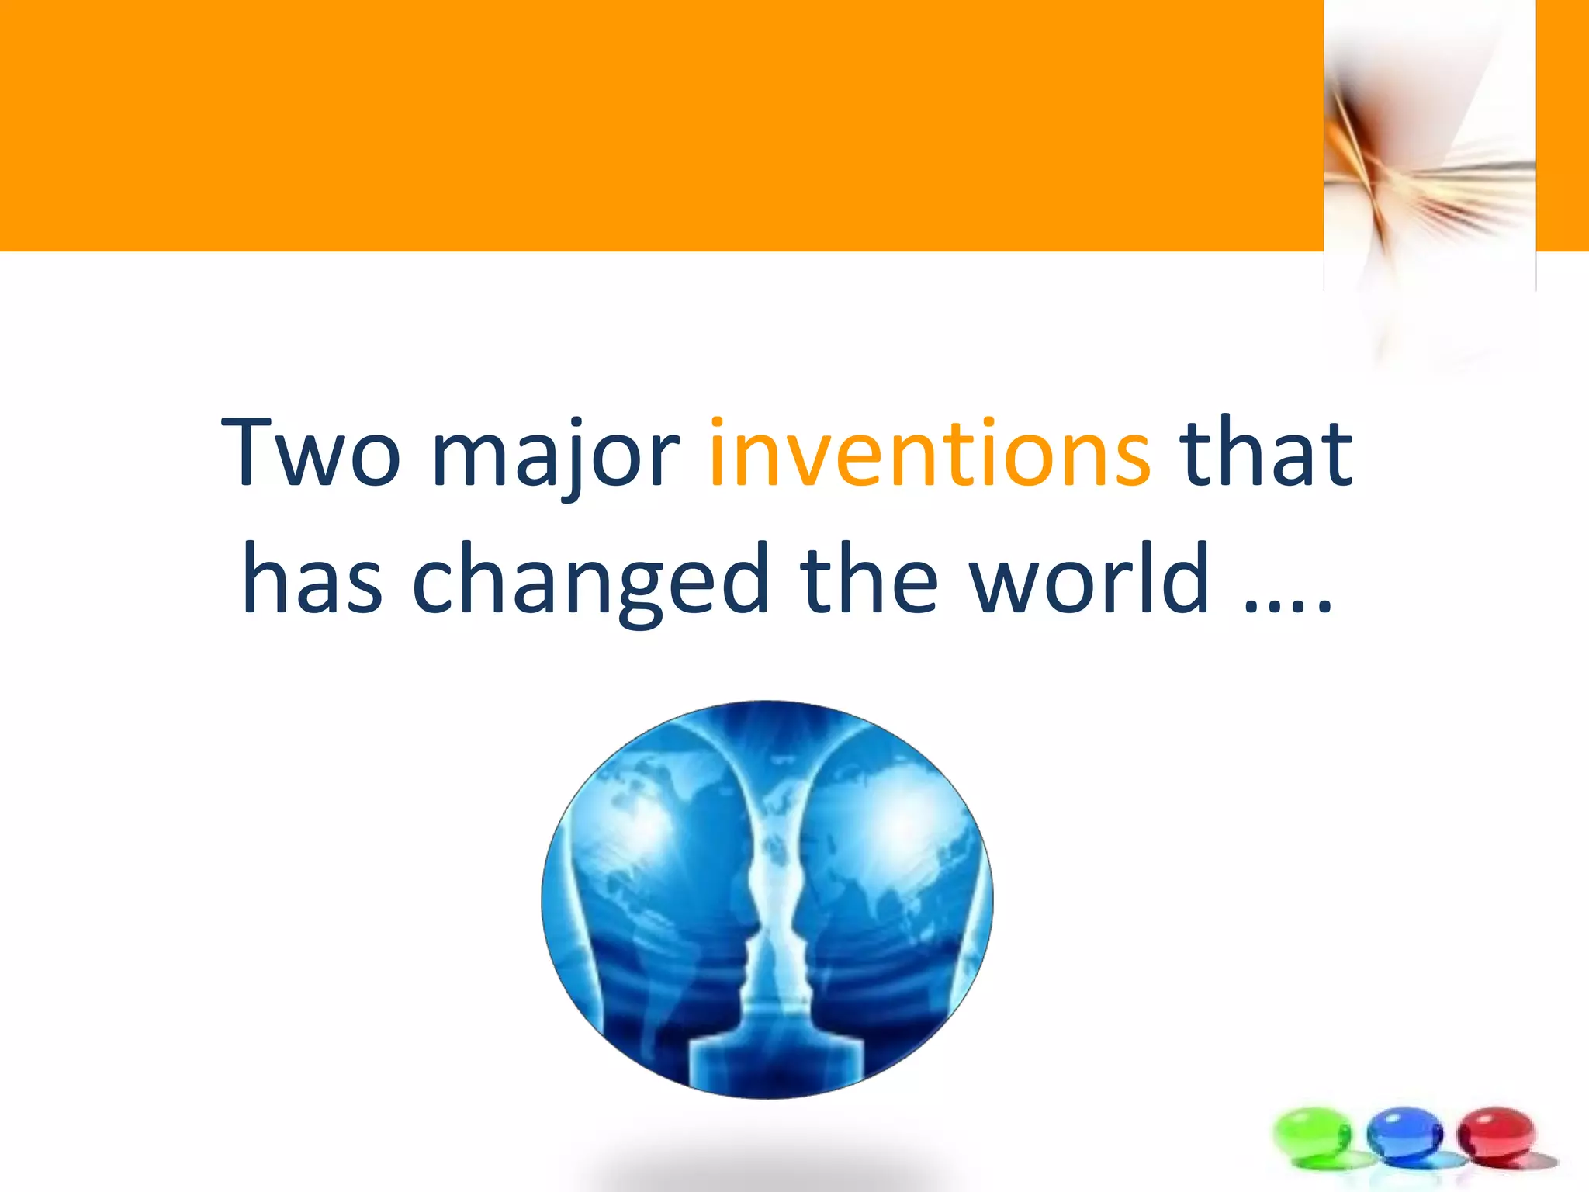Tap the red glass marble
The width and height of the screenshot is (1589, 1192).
(1497, 1135)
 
